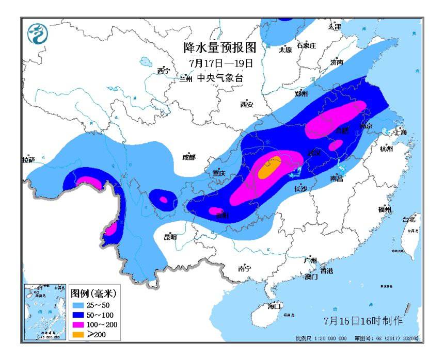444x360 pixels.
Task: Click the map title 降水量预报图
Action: tap(220, 47)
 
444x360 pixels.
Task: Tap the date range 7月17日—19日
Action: tap(221, 63)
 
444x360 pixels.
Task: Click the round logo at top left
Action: tap(38, 34)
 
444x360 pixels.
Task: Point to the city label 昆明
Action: tap(170, 237)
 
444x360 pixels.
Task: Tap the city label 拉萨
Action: tap(28, 160)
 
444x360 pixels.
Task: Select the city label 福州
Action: tap(385, 209)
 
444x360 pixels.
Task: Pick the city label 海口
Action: tap(275, 306)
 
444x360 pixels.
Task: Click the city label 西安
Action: tap(247, 105)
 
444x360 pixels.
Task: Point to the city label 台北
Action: tap(409, 219)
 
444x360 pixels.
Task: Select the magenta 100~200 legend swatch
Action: tap(77, 325)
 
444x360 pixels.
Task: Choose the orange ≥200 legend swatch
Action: tap(77, 335)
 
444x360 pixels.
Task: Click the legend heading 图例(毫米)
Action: tap(93, 293)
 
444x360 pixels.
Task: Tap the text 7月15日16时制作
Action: tap(363, 321)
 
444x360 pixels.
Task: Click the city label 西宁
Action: tap(164, 71)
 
